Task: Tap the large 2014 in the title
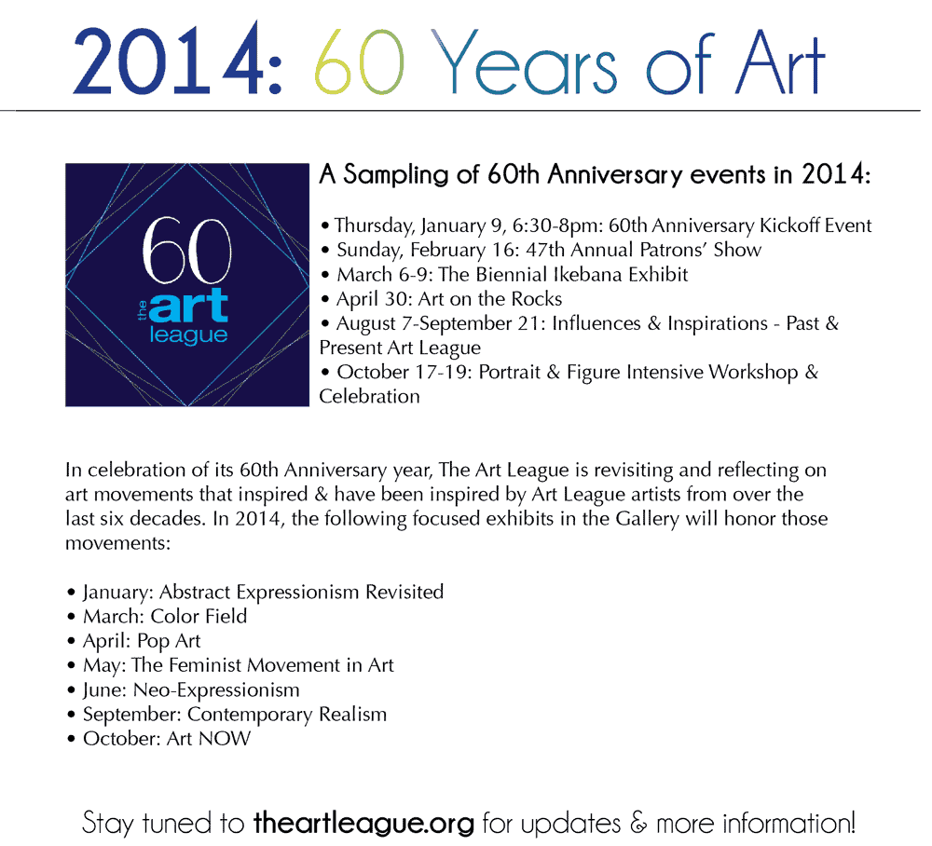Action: [169, 60]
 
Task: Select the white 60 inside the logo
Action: [186, 250]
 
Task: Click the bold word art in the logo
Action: [188, 305]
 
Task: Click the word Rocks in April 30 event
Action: [538, 299]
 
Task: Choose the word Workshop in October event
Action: [753, 373]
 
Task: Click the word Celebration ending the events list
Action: [369, 397]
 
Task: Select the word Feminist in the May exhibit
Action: [205, 665]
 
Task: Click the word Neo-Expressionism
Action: [216, 690]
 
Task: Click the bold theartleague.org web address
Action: [363, 824]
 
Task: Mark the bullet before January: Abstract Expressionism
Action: [72, 593]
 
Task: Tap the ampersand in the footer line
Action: [638, 824]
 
